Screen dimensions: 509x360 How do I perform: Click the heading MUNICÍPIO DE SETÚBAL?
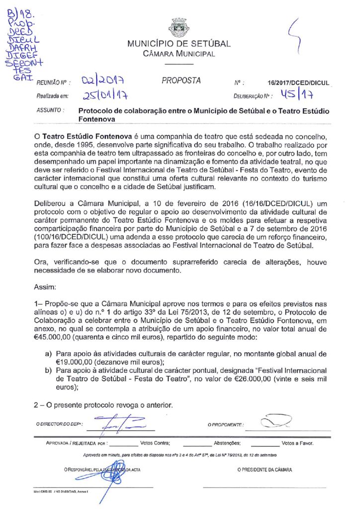(x=179, y=44)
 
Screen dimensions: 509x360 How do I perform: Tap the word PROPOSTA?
(x=181, y=81)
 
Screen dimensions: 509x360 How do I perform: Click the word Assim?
(x=45, y=287)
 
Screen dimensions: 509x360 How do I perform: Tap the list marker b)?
(x=48, y=370)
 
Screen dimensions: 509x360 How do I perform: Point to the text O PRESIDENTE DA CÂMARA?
(x=265, y=469)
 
